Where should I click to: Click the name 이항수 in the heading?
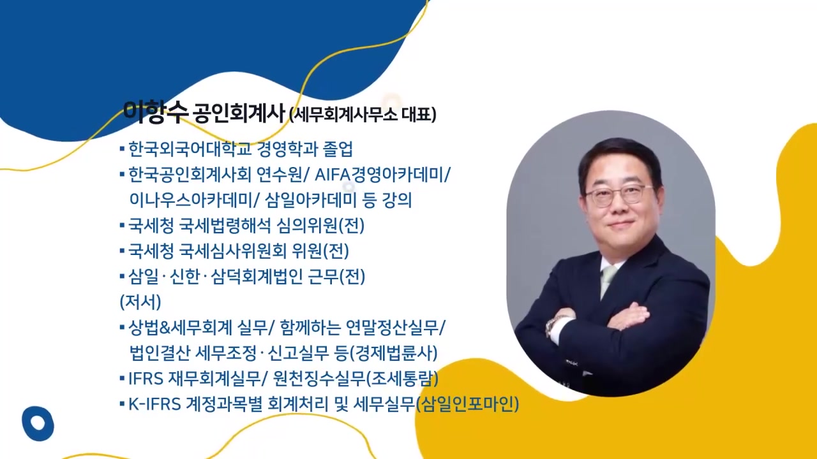pyautogui.click(x=155, y=112)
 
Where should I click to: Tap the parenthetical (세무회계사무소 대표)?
pyautogui.click(x=363, y=115)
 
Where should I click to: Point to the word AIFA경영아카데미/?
pyautogui.click(x=382, y=175)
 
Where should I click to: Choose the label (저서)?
pyautogui.click(x=140, y=302)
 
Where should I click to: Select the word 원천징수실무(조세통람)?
pyautogui.click(x=356, y=379)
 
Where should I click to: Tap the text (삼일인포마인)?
pyautogui.click(x=467, y=404)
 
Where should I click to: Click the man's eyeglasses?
pyautogui.click(x=617, y=194)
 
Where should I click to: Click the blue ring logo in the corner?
pyautogui.click(x=38, y=423)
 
